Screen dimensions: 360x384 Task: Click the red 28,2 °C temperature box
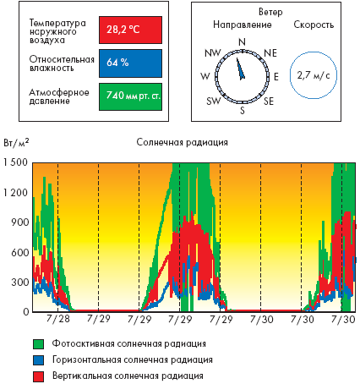pyautogui.click(x=130, y=30)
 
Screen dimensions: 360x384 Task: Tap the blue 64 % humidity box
pyautogui.click(x=130, y=63)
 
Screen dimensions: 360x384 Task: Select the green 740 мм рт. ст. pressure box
pyautogui.click(x=130, y=96)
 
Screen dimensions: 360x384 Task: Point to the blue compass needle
pyautogui.click(x=241, y=69)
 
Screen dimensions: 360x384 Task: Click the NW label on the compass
pyautogui.click(x=213, y=52)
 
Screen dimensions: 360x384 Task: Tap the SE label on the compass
pyautogui.click(x=269, y=101)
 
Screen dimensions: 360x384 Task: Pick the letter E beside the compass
pyautogui.click(x=276, y=77)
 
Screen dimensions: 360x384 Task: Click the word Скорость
pyautogui.click(x=314, y=25)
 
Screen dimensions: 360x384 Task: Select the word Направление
pyautogui.click(x=243, y=25)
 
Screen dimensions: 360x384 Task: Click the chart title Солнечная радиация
pyautogui.click(x=183, y=142)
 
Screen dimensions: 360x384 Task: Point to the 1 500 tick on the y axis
pyautogui.click(x=15, y=162)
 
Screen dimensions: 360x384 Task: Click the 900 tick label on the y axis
pyautogui.click(x=19, y=222)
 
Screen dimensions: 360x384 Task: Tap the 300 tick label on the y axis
pyautogui.click(x=19, y=283)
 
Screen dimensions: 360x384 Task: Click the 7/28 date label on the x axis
pyautogui.click(x=57, y=319)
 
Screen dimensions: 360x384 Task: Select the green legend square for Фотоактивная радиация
pyautogui.click(x=38, y=344)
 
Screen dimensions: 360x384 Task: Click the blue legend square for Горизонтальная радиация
pyautogui.click(x=38, y=360)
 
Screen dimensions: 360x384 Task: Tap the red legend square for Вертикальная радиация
pyautogui.click(x=38, y=376)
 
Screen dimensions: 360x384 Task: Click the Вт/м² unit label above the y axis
pyautogui.click(x=16, y=143)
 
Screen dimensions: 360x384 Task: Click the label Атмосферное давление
pyautogui.click(x=59, y=96)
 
